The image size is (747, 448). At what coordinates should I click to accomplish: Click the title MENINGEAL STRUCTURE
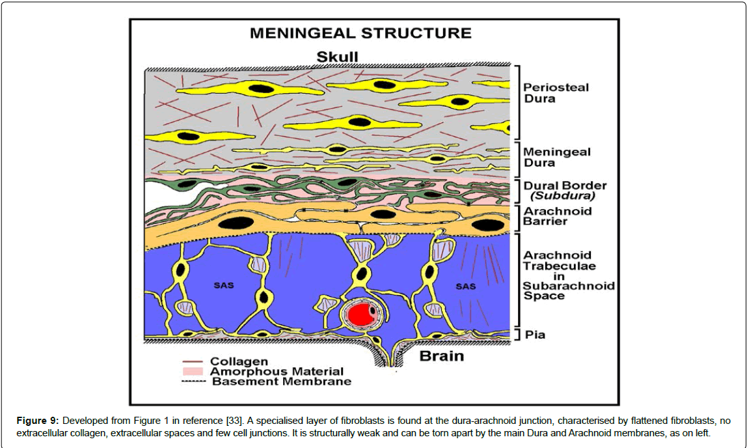pos(360,33)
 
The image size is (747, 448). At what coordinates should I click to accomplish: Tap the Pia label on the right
pos(536,335)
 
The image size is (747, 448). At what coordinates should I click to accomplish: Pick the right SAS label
pos(465,286)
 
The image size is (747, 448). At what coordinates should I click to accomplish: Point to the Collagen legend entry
pos(239,361)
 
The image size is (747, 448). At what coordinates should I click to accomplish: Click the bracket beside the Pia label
pos(516,335)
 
